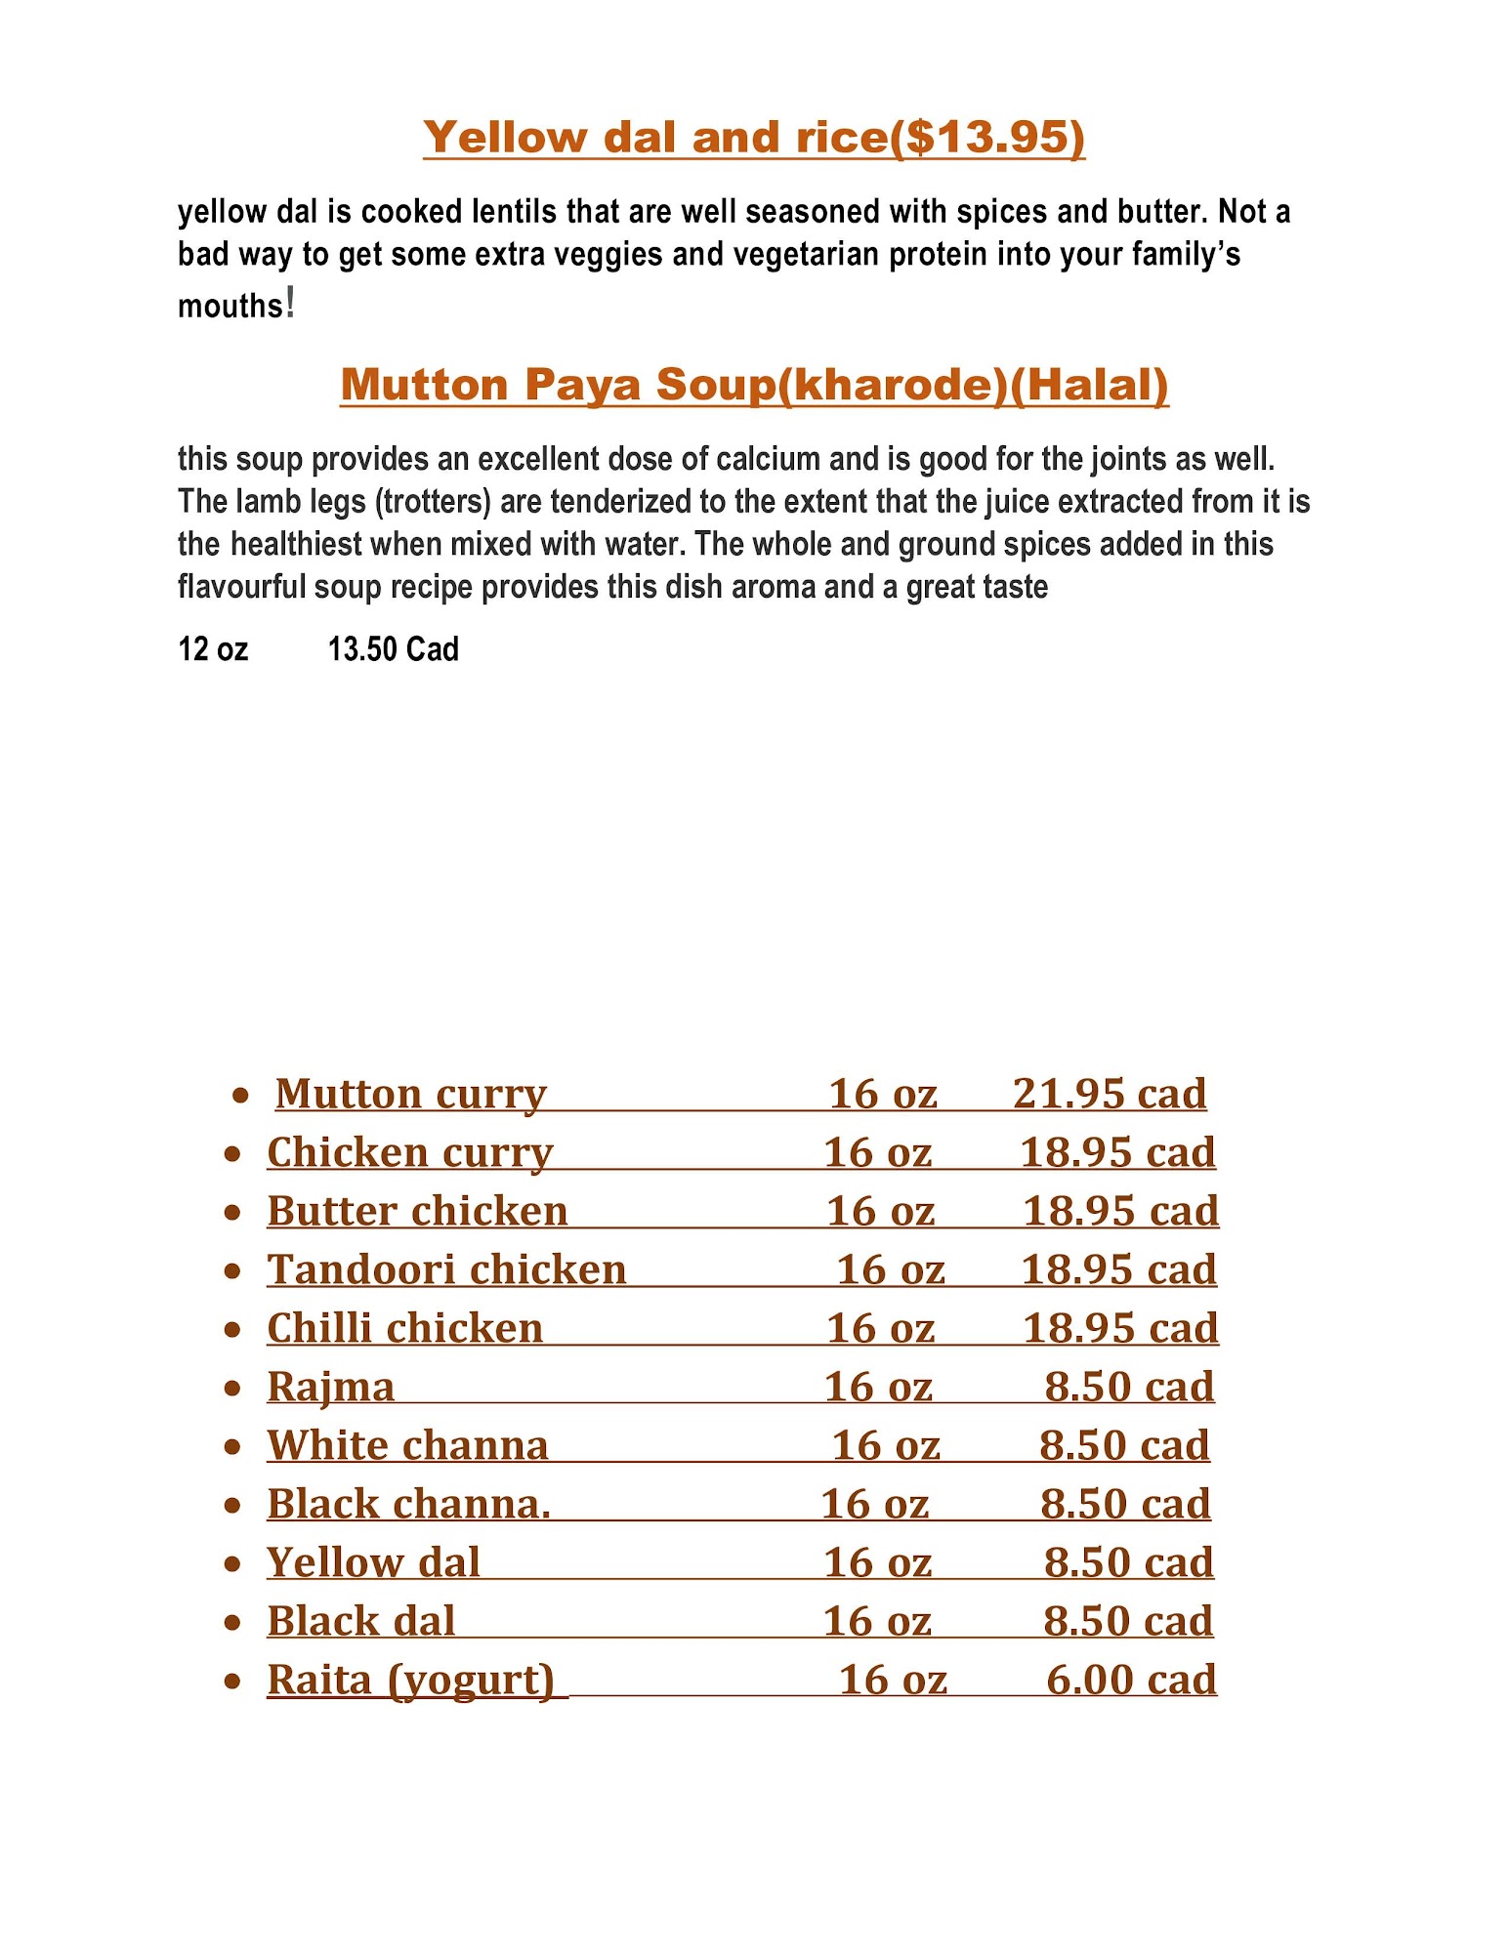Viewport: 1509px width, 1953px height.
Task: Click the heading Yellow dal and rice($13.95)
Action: coord(753,137)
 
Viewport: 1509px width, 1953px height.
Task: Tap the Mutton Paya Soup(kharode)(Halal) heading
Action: coord(754,385)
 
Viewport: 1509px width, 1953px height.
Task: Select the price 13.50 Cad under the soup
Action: coord(393,649)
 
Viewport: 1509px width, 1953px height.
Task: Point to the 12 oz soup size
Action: coord(213,649)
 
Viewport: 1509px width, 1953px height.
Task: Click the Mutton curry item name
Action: coord(410,1094)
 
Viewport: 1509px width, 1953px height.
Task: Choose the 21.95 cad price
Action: coord(1110,1094)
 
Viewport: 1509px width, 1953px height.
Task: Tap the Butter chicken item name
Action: coord(417,1211)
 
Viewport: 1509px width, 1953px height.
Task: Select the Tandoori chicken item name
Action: coord(446,1269)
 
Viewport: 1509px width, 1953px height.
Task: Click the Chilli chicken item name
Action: coord(404,1328)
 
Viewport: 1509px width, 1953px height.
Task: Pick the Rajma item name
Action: coord(331,1387)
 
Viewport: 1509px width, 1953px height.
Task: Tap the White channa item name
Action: coord(407,1445)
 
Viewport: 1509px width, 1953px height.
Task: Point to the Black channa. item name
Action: coord(409,1504)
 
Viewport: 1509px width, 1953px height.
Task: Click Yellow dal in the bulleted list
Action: coord(373,1562)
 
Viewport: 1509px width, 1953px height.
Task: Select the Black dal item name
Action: coord(361,1621)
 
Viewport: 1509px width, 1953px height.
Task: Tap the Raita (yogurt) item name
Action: coord(411,1680)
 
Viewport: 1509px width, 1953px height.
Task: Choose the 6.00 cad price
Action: coord(1131,1680)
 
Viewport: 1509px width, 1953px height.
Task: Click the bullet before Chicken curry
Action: coord(232,1154)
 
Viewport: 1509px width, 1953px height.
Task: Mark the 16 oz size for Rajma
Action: coord(878,1387)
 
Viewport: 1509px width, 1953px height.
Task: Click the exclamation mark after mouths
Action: coord(290,304)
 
